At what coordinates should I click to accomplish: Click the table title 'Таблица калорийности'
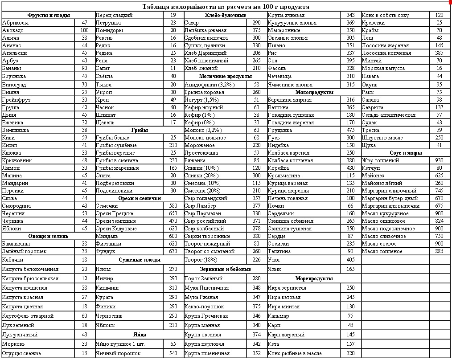tap(226, 7)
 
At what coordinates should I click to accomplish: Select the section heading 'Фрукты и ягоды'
tap(49, 15)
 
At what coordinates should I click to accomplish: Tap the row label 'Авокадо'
tap(13, 30)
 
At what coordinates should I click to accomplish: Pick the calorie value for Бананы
tap(84, 68)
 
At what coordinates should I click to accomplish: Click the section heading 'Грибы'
tap(140, 130)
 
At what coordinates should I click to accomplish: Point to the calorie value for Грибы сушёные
tap(173, 145)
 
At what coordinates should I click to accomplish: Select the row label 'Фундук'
tap(105, 251)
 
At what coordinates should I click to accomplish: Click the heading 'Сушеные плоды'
tap(140, 259)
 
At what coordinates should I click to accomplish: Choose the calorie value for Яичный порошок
tap(173, 353)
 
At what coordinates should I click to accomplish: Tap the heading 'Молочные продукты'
tap(225, 76)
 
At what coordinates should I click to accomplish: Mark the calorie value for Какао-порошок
tap(256, 307)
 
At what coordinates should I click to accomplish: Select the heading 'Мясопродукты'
tap(314, 92)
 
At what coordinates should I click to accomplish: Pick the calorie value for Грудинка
tap(350, 130)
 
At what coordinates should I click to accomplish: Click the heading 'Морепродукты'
tap(314, 278)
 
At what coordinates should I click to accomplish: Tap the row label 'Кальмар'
tap(278, 316)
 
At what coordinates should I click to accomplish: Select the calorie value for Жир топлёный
tap(439, 160)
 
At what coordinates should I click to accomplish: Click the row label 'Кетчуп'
tap(371, 168)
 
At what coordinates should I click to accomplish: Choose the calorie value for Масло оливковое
tap(439, 221)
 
